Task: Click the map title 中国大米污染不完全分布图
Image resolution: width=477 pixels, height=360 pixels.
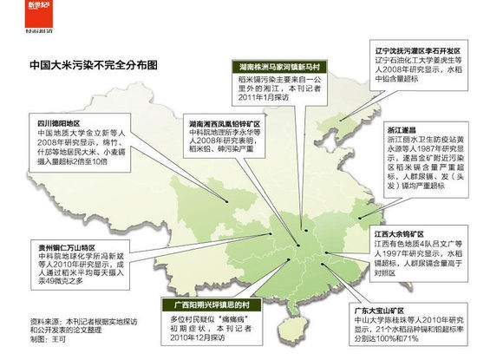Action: click(82, 65)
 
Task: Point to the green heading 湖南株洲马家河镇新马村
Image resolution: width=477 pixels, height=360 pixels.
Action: click(284, 66)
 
